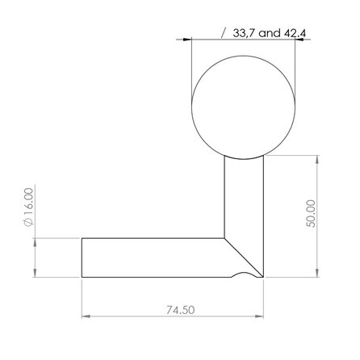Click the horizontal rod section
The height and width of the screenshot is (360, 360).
point(153,257)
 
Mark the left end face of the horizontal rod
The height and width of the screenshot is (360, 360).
point(82,257)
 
